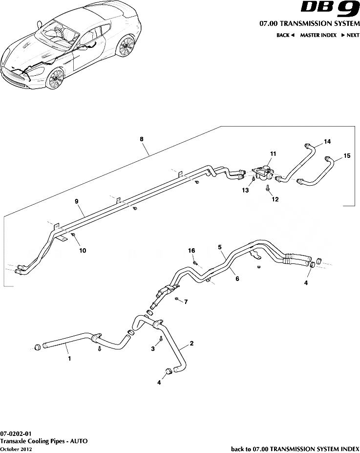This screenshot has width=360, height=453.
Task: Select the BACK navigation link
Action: tap(285, 35)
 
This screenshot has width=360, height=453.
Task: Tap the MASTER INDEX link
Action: tap(318, 35)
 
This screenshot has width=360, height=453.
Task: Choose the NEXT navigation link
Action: tap(350, 35)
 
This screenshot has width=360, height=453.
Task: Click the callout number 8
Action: tap(142, 139)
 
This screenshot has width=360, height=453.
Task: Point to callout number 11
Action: tap(273, 153)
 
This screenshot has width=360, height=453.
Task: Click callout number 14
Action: tap(327, 141)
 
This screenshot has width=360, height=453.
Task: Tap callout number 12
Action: tap(275, 199)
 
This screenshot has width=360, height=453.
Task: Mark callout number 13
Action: tap(246, 190)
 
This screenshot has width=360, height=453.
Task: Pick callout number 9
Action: tap(77, 201)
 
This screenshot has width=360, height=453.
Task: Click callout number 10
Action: tap(83, 250)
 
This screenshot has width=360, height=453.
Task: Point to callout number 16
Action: tap(192, 250)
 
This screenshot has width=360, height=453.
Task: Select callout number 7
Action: tap(186, 302)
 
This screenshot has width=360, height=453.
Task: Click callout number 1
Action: tap(69, 358)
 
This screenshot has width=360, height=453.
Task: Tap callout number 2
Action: tap(191, 343)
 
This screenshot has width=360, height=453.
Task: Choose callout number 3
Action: tap(152, 348)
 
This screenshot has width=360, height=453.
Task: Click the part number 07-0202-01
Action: tap(16, 433)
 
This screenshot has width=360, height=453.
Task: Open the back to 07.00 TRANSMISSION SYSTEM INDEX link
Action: tap(295, 448)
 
